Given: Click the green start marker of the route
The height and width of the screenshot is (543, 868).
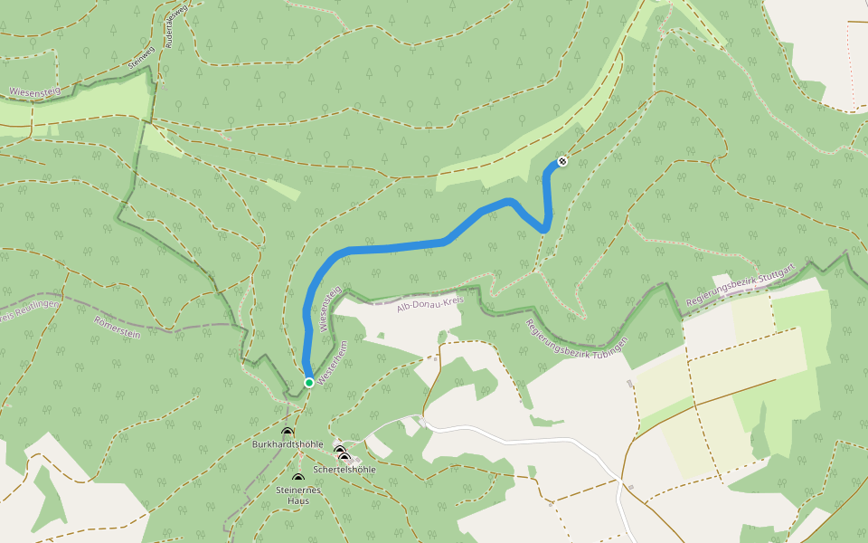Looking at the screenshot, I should coord(308,383).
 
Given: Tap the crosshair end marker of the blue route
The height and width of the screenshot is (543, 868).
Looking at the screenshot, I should coord(562,161).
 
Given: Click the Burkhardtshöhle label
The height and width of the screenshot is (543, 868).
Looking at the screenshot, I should coord(288,444).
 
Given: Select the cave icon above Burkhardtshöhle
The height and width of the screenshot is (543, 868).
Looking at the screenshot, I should coord(288,433).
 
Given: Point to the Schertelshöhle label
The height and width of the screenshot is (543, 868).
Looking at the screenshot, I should coord(344,470).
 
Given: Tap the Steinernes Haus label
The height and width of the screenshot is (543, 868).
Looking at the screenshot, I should coord(298,495).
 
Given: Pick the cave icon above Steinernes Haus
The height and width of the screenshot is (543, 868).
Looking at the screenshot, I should coord(297,479).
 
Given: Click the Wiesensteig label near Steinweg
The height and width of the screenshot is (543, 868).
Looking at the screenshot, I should coord(33,90).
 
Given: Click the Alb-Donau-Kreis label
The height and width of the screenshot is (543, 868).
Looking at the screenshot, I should coord(424,304).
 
